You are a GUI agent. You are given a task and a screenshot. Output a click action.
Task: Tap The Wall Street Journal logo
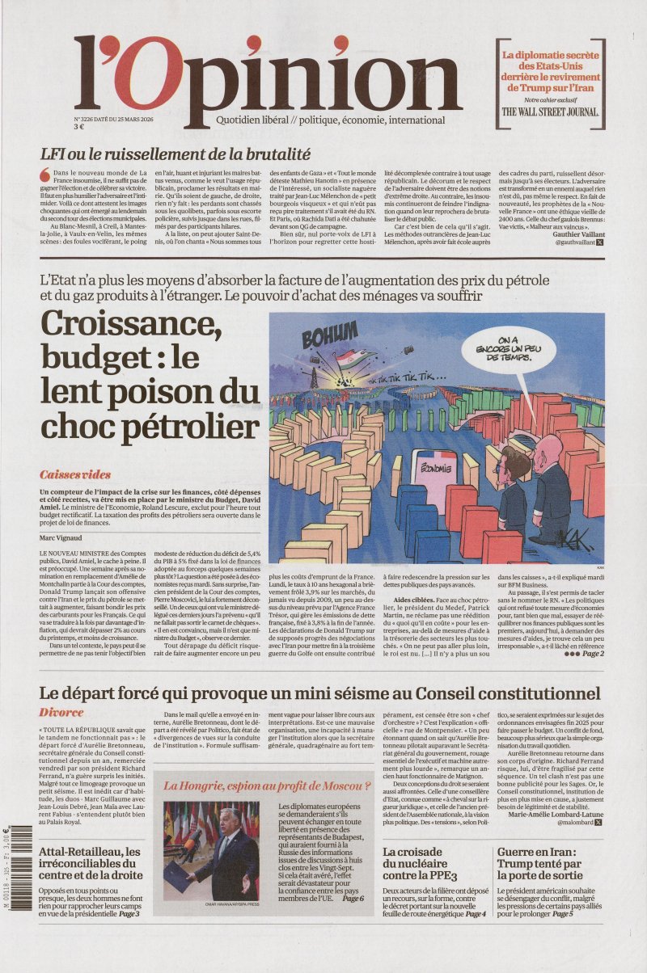click(x=550, y=112)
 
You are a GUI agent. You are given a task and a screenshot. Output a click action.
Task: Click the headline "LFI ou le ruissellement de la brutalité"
click(x=175, y=154)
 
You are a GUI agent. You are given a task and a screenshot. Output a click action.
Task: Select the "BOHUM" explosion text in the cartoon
click(x=330, y=333)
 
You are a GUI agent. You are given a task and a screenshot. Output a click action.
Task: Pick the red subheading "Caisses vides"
click(x=75, y=474)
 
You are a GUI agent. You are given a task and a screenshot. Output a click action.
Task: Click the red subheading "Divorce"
click(x=61, y=712)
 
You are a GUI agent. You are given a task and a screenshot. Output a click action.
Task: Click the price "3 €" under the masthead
click(x=79, y=126)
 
